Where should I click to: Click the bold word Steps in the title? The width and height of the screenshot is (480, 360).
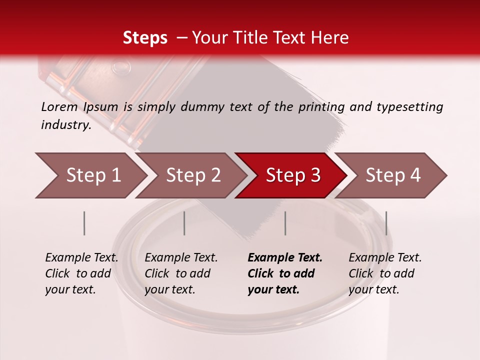(x=145, y=38)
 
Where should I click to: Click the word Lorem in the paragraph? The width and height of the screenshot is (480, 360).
(x=59, y=106)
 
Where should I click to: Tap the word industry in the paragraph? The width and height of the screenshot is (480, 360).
(x=66, y=124)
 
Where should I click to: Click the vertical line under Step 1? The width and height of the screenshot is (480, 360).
(x=84, y=223)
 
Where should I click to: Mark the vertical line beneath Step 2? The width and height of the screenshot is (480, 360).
(x=184, y=223)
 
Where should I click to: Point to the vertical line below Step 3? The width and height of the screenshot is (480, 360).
(x=285, y=223)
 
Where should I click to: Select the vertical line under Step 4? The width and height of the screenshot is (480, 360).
(x=386, y=223)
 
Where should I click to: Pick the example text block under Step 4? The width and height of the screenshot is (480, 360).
(x=385, y=273)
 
